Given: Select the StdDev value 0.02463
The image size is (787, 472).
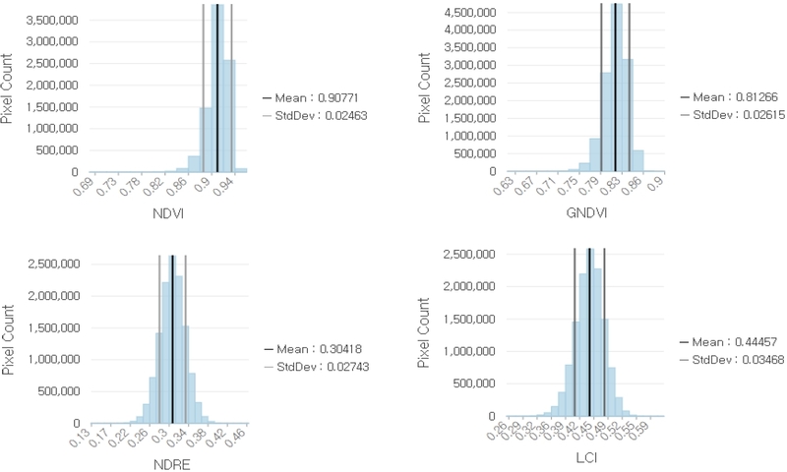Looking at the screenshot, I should pyautogui.click(x=349, y=115).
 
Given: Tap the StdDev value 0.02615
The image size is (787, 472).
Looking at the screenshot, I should pyautogui.click(x=765, y=115).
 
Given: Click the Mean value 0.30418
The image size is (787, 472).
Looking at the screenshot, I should pyautogui.click(x=344, y=350).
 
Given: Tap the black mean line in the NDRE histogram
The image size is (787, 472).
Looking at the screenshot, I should pyautogui.click(x=172, y=339).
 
